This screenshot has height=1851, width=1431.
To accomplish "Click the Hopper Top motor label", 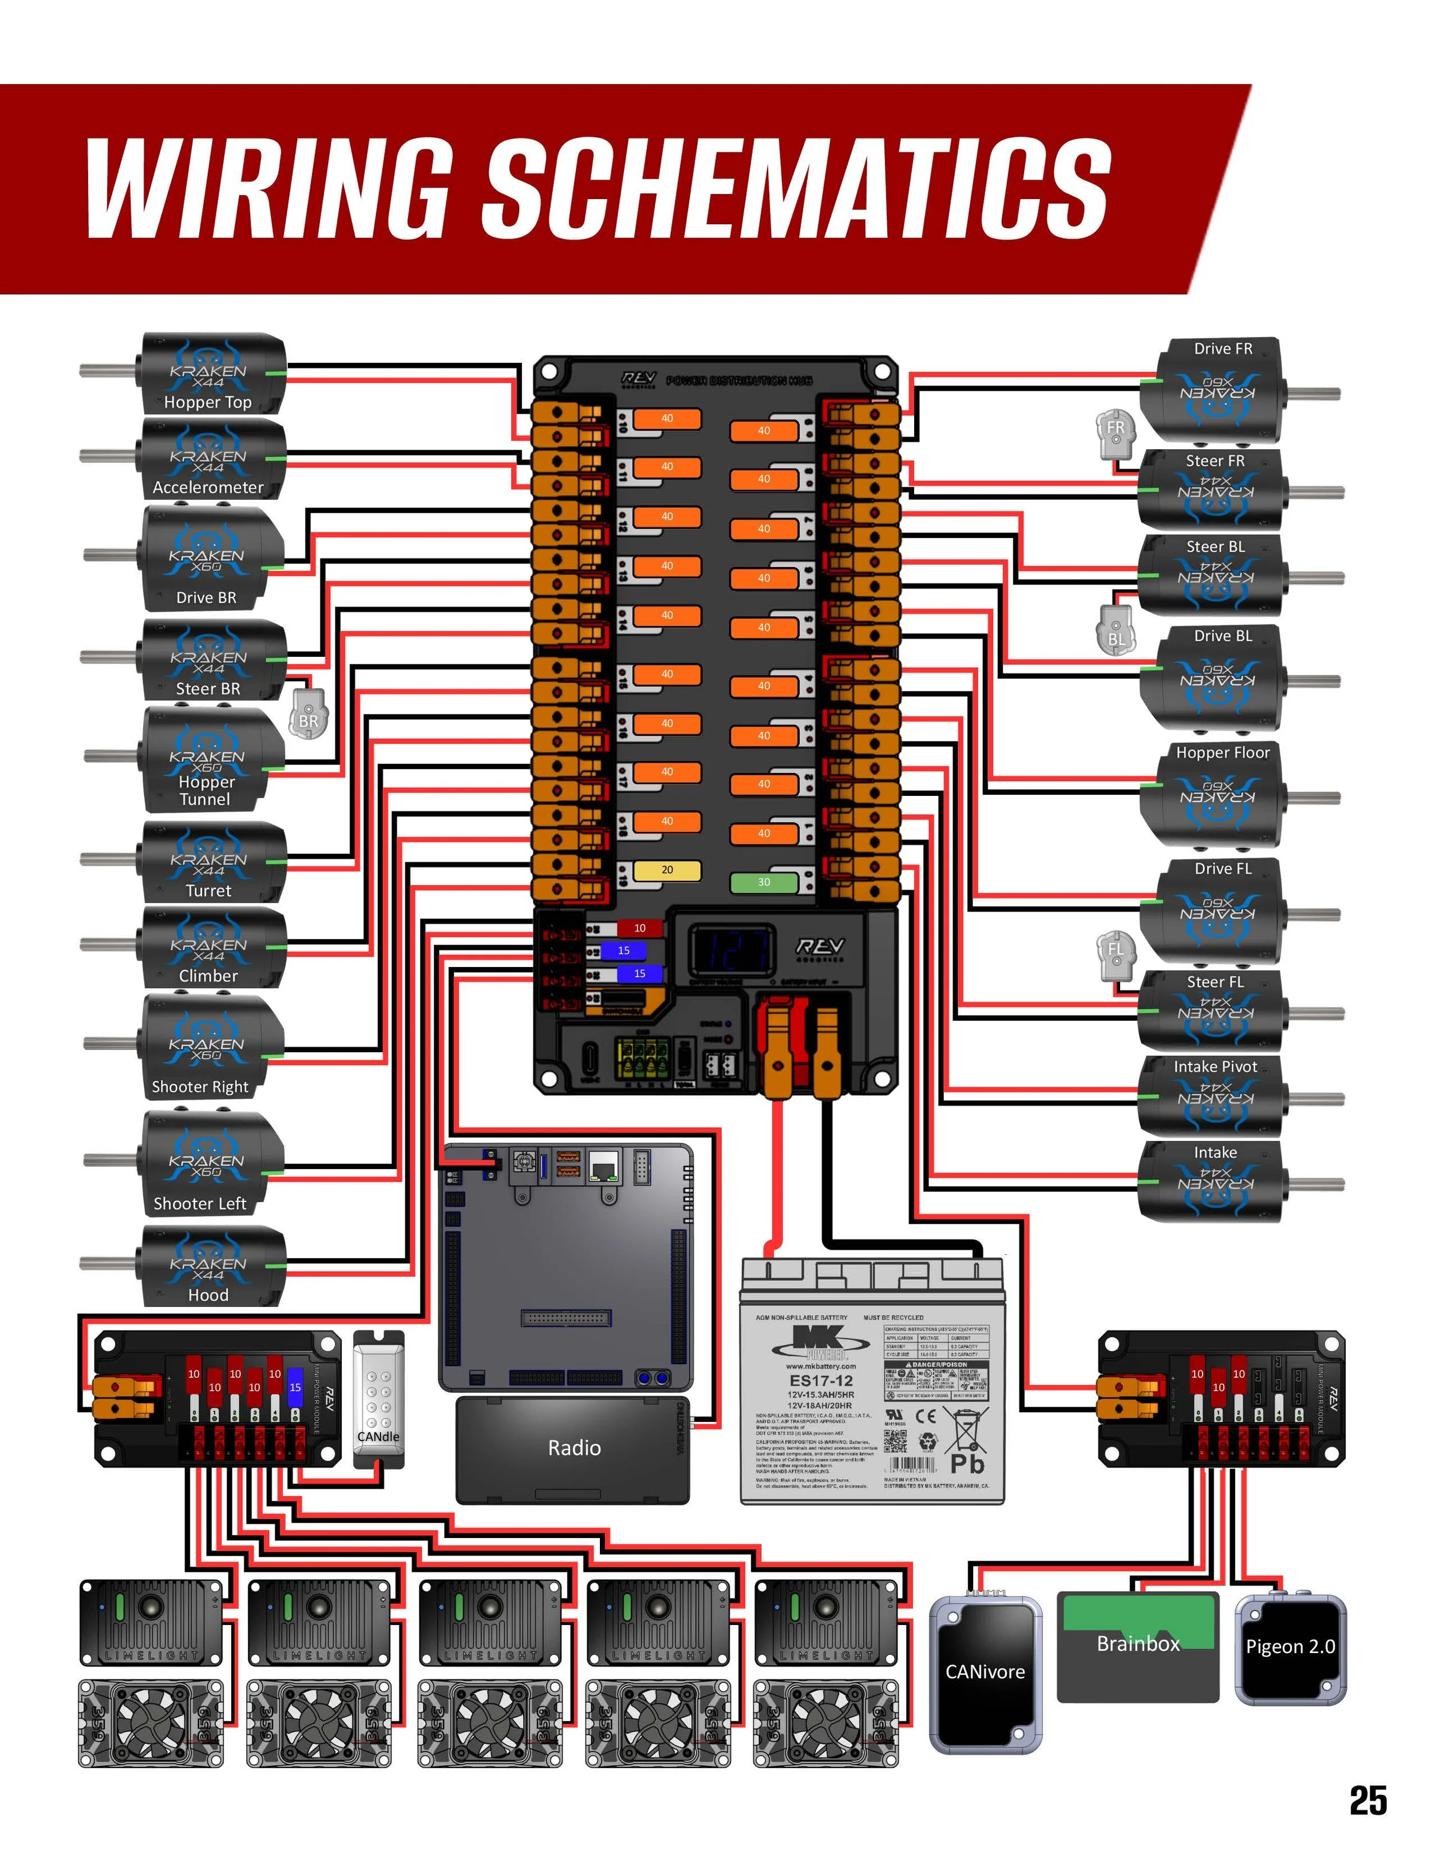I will [x=208, y=403].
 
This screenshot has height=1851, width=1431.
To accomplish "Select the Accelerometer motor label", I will [x=208, y=487].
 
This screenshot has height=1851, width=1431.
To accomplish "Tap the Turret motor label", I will [x=208, y=891].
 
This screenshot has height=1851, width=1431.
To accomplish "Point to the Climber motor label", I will [x=208, y=976].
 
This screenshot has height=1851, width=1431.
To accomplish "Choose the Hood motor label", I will [x=208, y=1295].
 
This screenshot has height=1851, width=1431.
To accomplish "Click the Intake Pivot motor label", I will [x=1215, y=1067].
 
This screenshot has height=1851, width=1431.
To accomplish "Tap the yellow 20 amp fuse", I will [x=667, y=870].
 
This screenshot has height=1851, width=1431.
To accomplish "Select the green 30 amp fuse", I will [x=764, y=882].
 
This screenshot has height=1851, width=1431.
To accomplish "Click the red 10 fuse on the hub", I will [x=639, y=928].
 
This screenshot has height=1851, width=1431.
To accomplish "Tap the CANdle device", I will [x=378, y=1398].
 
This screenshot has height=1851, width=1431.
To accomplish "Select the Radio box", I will [x=574, y=1448].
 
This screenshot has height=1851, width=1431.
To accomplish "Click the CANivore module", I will [x=985, y=1672].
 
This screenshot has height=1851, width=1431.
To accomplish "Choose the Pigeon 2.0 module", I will [x=1290, y=1647].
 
